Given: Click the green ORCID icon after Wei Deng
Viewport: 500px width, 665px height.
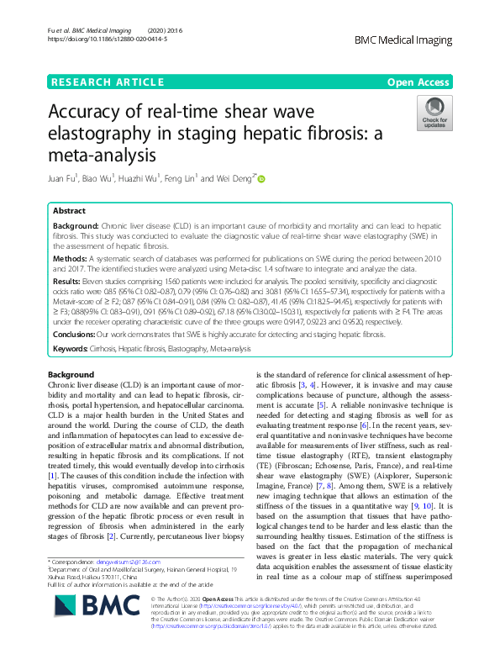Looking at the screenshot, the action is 261,178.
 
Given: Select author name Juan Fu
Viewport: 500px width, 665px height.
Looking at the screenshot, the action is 64,178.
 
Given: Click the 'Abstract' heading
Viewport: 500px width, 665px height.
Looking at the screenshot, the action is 70,211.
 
